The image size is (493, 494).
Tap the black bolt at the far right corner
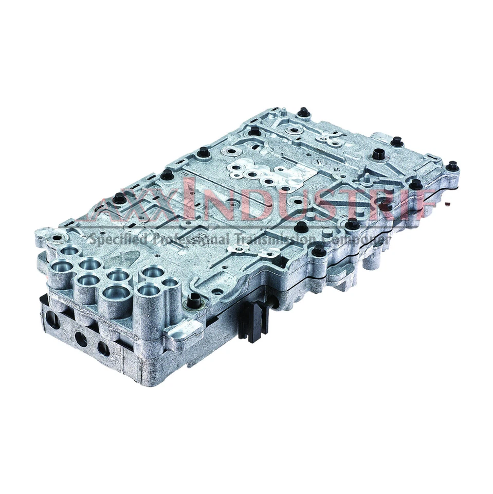(452, 166)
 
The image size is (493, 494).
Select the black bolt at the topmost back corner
(303, 112)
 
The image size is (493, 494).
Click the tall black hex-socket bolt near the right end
(379, 153)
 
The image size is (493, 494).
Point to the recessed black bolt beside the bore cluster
(193, 302)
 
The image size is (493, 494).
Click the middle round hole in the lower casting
(81, 339)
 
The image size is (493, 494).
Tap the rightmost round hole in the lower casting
(103, 348)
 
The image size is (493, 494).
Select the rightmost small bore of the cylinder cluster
(169, 282)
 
